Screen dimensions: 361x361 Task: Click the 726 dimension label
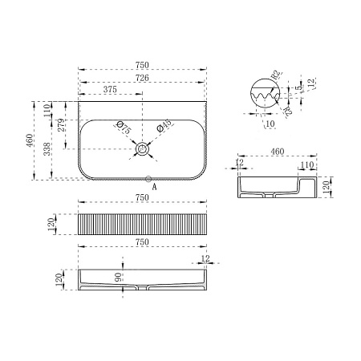pyautogui.click(x=142, y=78)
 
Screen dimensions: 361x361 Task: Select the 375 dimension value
pyautogui.click(x=110, y=89)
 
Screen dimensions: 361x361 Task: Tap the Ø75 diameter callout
pyautogui.click(x=124, y=128)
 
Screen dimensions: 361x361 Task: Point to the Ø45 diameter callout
pyautogui.click(x=164, y=126)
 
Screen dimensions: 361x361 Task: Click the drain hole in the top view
pyautogui.click(x=142, y=148)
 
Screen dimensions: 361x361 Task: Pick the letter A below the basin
pyautogui.click(x=154, y=188)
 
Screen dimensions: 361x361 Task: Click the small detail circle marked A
pyautogui.click(x=148, y=179)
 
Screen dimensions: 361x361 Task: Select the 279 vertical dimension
pyautogui.click(x=61, y=125)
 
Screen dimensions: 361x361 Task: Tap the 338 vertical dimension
pyautogui.click(x=47, y=148)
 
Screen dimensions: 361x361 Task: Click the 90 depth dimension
pyautogui.click(x=118, y=277)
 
